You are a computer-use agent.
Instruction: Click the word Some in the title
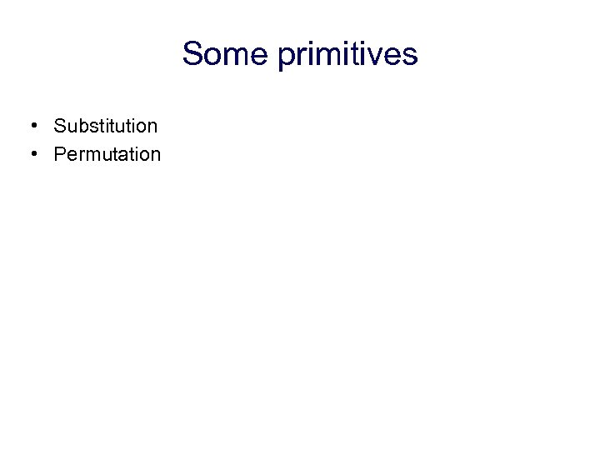226,54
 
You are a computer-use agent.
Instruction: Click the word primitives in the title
347,54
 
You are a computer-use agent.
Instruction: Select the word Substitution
105,126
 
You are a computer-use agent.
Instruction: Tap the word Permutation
107,154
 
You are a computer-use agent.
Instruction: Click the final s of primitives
410,56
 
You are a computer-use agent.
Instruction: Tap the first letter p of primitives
287,57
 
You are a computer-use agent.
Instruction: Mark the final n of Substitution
152,127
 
